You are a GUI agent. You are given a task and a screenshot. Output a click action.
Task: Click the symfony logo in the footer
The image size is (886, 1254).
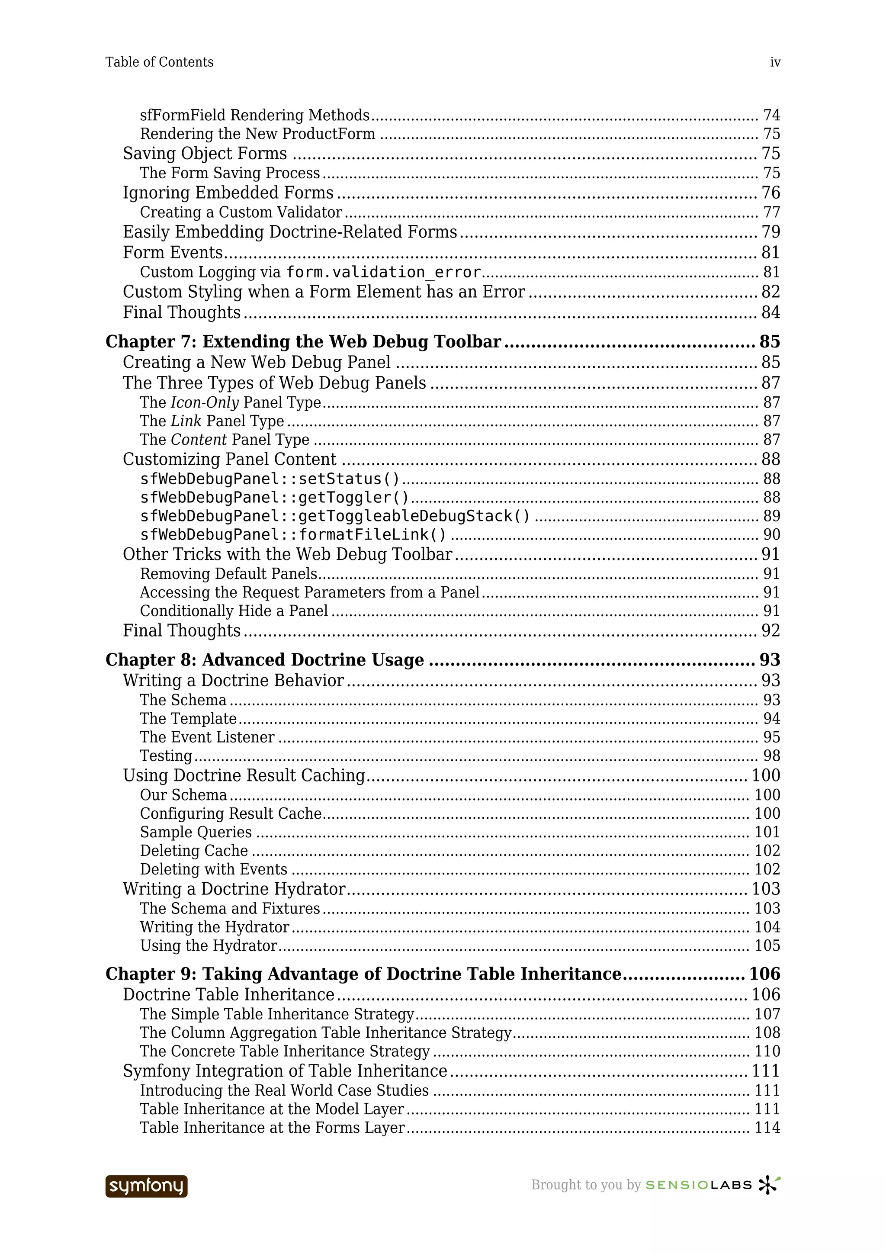[x=146, y=1186]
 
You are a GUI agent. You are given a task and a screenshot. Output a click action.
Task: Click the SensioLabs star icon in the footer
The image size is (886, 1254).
[x=769, y=1185]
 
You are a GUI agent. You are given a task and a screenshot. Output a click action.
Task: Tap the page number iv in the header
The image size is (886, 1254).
[x=775, y=62]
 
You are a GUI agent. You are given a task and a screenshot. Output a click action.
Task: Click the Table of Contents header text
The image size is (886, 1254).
[x=159, y=62]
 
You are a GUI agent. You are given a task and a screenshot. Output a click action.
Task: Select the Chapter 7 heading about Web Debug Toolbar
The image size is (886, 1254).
[x=303, y=341]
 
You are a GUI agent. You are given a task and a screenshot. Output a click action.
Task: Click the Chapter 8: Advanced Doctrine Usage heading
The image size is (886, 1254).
[x=264, y=660]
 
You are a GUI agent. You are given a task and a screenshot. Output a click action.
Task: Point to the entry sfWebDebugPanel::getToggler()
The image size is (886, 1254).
[x=274, y=498]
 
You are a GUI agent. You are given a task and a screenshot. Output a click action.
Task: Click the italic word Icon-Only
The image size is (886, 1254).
[x=205, y=402]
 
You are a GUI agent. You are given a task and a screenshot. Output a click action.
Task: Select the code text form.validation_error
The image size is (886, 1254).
[x=383, y=272]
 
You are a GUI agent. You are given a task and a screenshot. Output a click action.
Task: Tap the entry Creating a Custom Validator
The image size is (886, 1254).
[x=241, y=212]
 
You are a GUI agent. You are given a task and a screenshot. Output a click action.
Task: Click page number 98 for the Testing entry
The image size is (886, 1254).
[x=771, y=756]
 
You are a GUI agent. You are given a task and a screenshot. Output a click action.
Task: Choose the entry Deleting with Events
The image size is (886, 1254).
[x=213, y=869]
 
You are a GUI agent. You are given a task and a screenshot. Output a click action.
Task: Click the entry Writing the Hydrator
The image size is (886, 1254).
[x=215, y=927]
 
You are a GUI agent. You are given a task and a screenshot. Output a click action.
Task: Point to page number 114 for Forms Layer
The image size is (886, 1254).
[x=767, y=1128]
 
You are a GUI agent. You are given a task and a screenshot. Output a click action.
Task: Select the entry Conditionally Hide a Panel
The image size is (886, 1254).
[x=234, y=611]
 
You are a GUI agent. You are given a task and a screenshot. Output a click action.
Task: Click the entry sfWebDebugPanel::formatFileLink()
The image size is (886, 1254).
[x=293, y=535]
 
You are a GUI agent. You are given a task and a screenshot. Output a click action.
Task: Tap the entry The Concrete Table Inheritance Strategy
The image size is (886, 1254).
[x=284, y=1051]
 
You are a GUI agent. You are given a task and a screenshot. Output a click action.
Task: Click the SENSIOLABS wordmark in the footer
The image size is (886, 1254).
[x=699, y=1185]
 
